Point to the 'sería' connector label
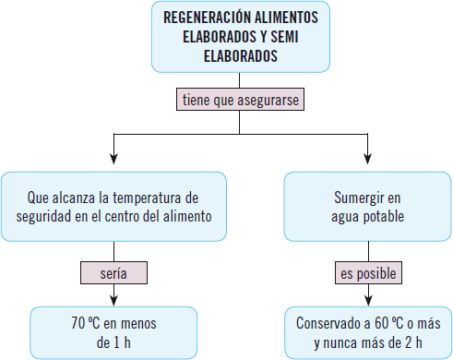(x=113, y=272)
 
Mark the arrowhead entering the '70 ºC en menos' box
(x=113, y=300)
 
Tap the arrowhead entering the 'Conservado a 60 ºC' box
(x=369, y=300)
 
